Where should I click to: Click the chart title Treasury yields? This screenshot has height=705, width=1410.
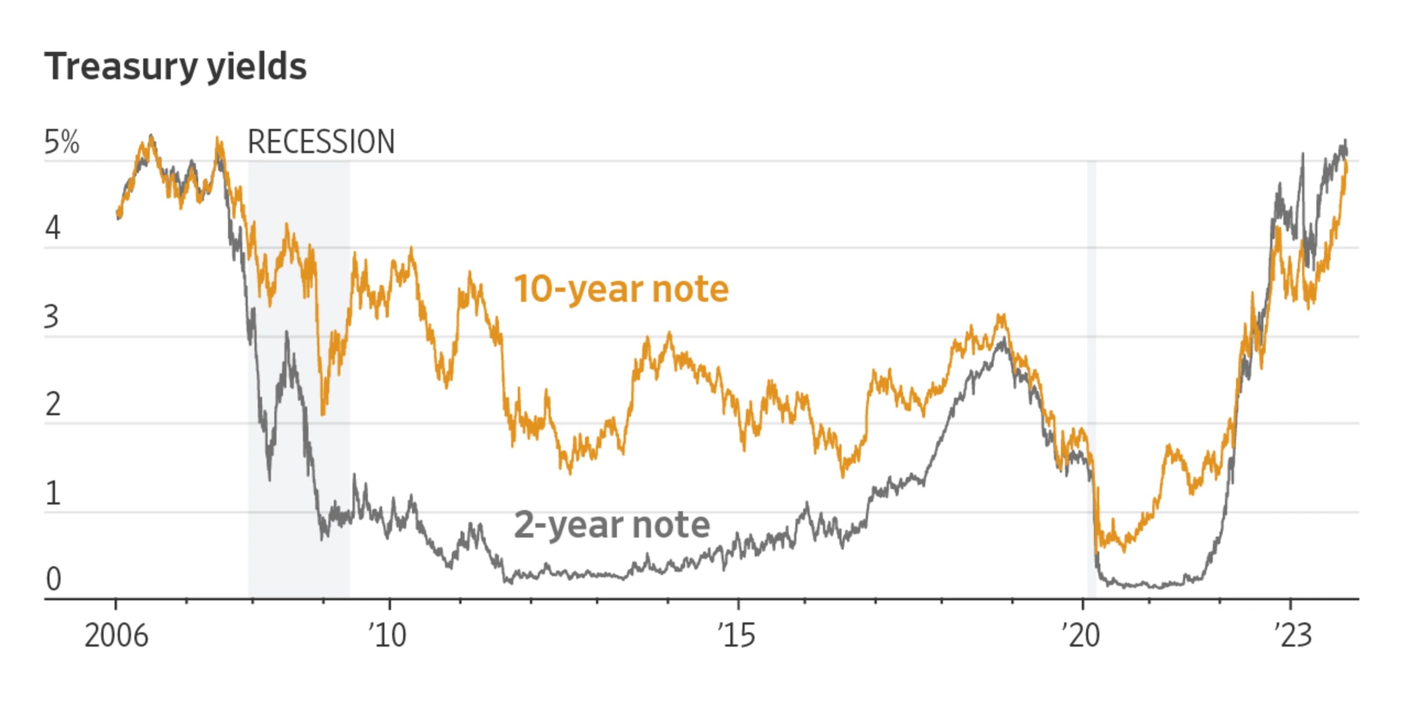[x=175, y=67]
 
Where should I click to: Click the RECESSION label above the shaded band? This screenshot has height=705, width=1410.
[x=321, y=142]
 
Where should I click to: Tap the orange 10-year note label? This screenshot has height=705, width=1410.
[x=621, y=289]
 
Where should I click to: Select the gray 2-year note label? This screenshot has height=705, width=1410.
[x=611, y=524]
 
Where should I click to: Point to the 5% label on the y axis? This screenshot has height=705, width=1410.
[x=62, y=142]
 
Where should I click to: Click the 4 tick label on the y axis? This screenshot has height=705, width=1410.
[x=53, y=228]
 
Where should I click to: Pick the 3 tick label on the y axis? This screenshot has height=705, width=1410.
[x=52, y=317]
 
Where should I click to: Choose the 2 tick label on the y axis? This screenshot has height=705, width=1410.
[x=53, y=405]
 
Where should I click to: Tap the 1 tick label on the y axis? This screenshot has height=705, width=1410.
[x=53, y=493]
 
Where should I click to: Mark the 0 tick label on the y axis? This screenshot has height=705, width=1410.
[x=53, y=579]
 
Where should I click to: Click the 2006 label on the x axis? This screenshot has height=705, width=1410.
[x=116, y=636]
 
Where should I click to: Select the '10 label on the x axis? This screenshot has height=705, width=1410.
[x=388, y=636]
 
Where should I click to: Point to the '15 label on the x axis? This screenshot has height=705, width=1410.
[x=736, y=636]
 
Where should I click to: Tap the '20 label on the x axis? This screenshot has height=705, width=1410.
[x=1081, y=636]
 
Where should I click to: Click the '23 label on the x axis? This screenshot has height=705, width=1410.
[x=1293, y=636]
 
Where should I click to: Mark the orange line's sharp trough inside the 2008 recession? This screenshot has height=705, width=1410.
[x=323, y=414]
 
